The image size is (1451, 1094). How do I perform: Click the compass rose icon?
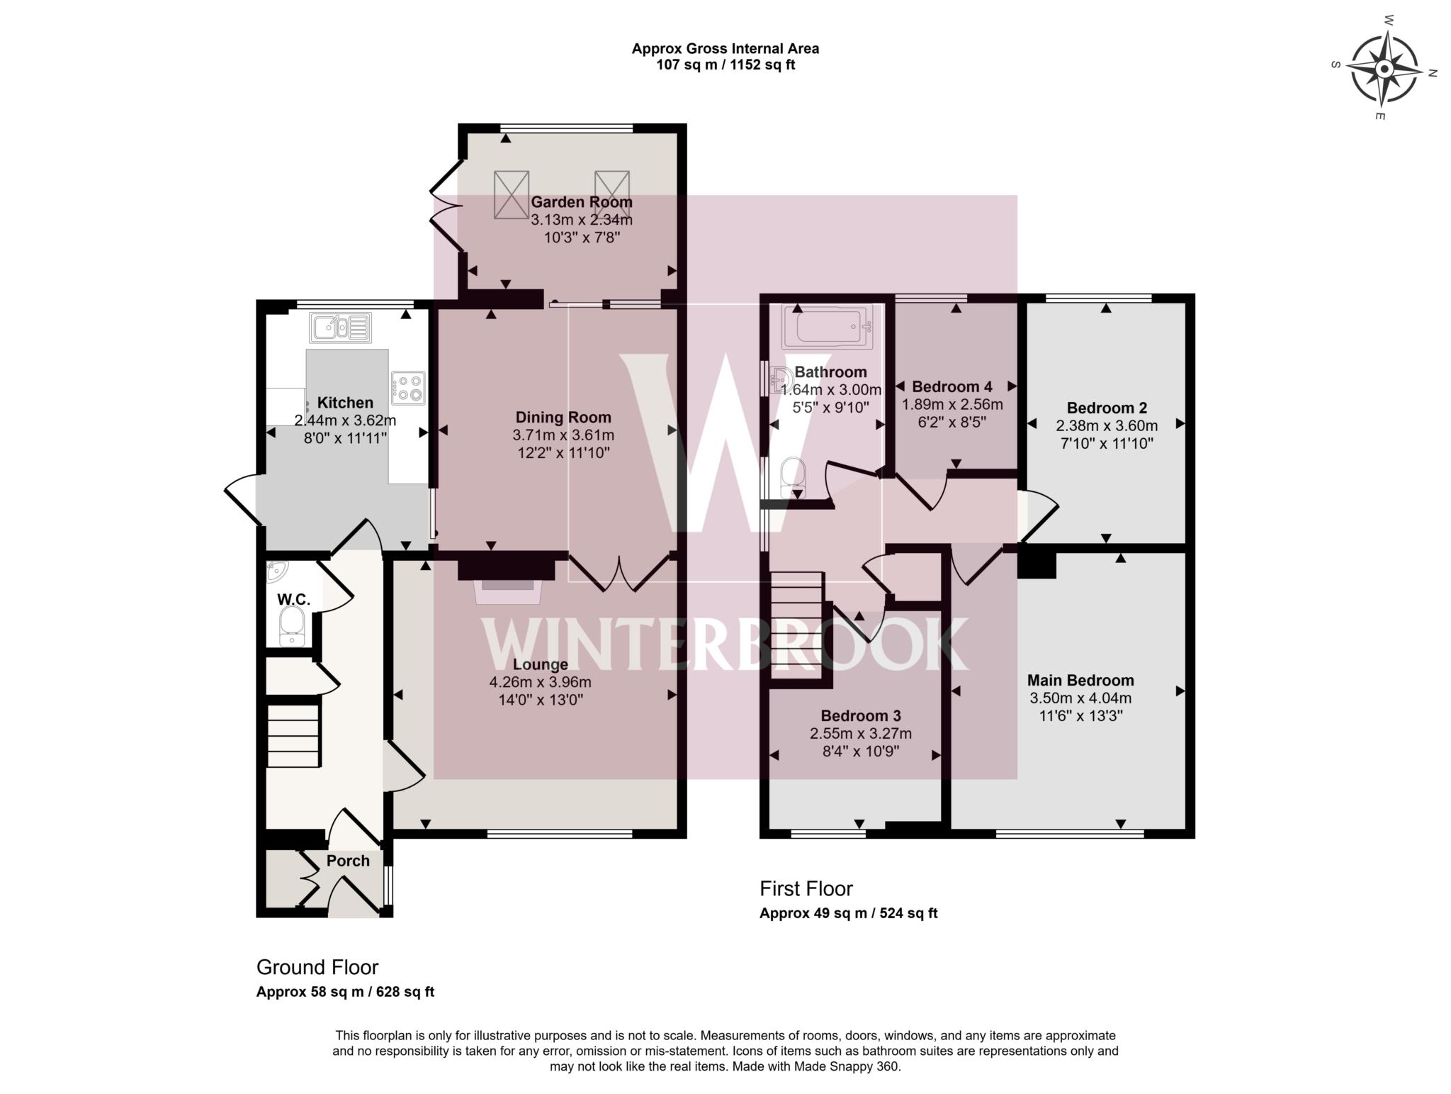(1384, 69)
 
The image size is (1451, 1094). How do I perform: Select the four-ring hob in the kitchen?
(408, 388)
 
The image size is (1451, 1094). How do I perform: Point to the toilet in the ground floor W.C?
(292, 627)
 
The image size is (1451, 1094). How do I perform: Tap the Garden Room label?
(581, 202)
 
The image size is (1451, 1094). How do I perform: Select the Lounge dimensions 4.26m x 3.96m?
(540, 682)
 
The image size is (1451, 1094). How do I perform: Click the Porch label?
(348, 861)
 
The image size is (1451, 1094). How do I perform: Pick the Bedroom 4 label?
(952, 386)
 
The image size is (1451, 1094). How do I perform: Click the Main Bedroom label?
(1080, 681)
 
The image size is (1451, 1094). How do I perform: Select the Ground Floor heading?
(317, 967)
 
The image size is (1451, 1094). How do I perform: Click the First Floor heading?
(806, 888)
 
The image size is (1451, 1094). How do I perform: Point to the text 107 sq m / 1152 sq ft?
(725, 65)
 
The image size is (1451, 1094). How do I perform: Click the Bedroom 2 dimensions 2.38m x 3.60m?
(1107, 426)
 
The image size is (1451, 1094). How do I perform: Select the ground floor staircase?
(293, 734)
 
